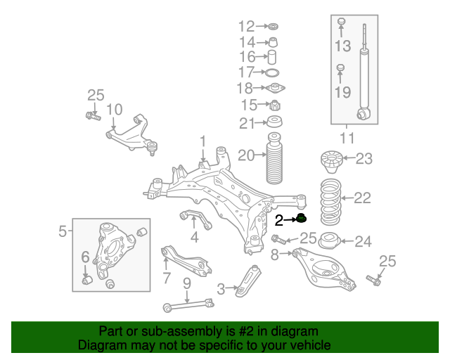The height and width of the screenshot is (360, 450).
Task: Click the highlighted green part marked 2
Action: pos(302,218)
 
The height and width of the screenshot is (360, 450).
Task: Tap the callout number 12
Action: pos(246,27)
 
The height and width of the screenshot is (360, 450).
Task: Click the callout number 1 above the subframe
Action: pos(202,143)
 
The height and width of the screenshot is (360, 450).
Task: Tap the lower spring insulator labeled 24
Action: pos(329,243)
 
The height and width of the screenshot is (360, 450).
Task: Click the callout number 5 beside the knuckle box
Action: pos(62,230)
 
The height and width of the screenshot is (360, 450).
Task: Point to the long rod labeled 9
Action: pos(188,303)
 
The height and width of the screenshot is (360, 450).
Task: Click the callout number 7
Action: pos(166,278)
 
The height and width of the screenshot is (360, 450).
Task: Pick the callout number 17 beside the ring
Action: pos(246,72)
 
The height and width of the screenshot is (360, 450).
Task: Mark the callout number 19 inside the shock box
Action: pos(342,91)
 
